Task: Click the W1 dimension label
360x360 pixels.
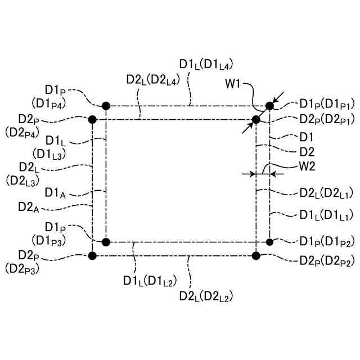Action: click(233, 84)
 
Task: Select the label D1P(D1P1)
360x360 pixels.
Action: click(327, 104)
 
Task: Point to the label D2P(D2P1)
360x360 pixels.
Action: click(327, 119)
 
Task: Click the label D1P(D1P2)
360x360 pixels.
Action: click(327, 241)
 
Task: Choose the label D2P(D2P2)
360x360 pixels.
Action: click(327, 262)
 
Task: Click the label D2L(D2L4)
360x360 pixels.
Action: click(152, 80)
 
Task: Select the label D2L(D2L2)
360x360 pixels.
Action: click(205, 294)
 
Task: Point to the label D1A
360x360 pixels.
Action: click(57, 193)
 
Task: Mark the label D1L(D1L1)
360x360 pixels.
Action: click(327, 214)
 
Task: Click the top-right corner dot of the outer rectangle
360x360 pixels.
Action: click(270, 105)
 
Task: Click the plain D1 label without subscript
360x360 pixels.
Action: click(307, 137)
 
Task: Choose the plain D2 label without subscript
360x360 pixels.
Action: click(307, 151)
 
